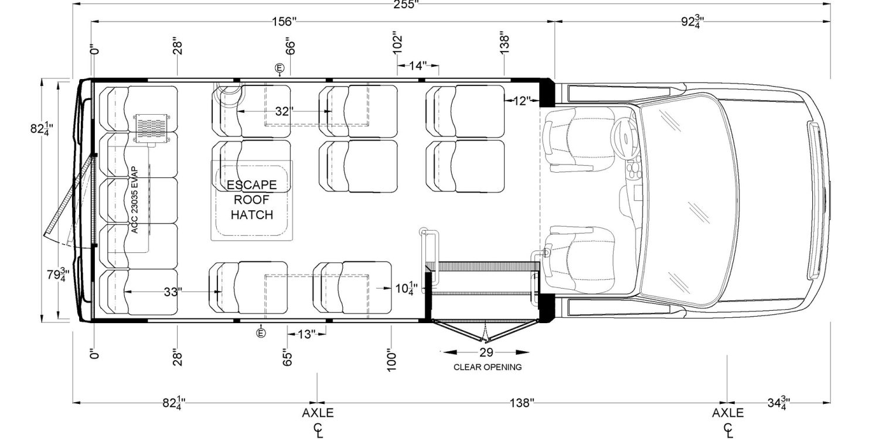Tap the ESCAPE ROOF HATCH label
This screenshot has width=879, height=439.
[x=251, y=200]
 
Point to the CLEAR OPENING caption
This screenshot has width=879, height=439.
[x=488, y=368]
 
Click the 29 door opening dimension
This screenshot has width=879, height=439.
[x=486, y=352]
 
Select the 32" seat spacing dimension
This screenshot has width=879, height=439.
[x=284, y=111]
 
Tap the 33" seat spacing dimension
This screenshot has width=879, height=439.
[x=171, y=292]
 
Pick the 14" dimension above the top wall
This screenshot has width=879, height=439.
[x=418, y=66]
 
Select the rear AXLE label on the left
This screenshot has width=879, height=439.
[x=318, y=413]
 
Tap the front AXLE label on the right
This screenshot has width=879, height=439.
[x=728, y=413]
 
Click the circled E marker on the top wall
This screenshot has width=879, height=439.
[x=280, y=67]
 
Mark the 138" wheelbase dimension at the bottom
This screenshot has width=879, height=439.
[x=522, y=403]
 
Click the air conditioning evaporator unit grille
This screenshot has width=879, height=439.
[x=151, y=127]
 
